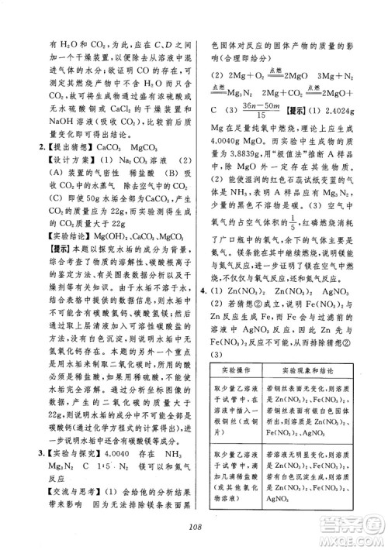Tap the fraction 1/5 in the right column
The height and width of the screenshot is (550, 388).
point(273,225)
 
